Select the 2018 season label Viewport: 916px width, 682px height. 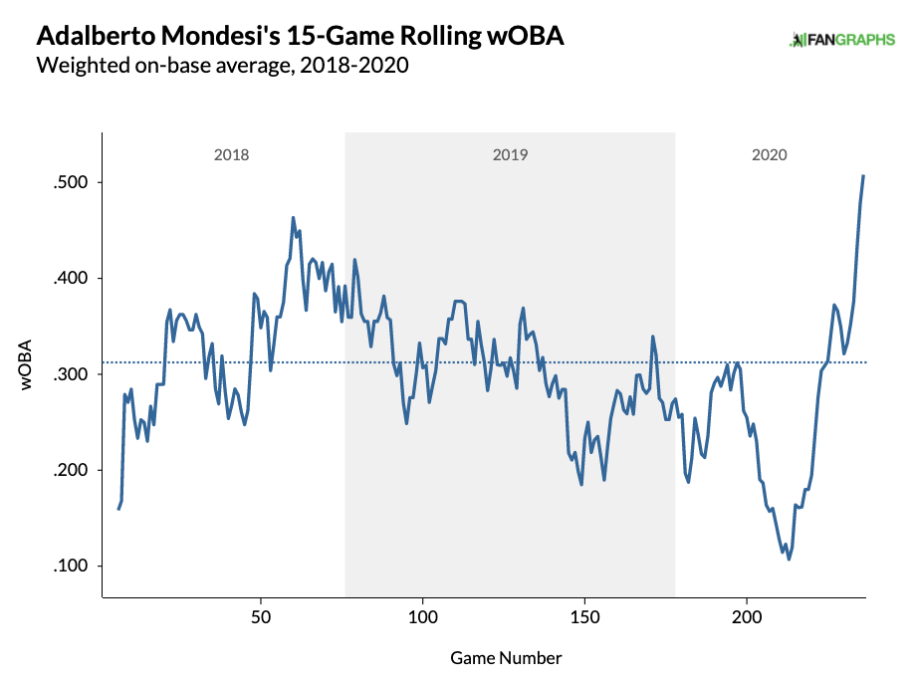[231, 155]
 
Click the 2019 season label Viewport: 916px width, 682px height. [510, 155]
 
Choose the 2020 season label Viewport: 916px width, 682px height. [770, 155]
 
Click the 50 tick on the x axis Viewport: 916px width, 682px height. [261, 616]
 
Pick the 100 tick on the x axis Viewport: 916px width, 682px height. [423, 616]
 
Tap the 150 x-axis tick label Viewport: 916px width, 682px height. [585, 616]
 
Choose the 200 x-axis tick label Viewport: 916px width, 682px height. [747, 616]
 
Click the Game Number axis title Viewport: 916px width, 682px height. [506, 658]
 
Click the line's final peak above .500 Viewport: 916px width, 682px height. [863, 176]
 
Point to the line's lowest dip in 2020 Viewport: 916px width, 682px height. [789, 559]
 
